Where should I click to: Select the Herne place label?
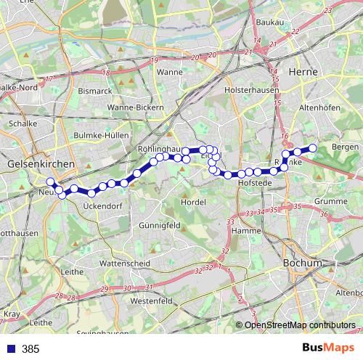pos(300,73)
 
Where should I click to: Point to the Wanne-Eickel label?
pos(169,73)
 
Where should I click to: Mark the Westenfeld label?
pos(150,300)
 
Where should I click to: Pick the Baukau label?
pos(269,23)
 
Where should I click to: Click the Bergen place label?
pos(344,147)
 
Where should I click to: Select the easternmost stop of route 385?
pos(314,148)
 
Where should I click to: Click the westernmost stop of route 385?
pos(50,182)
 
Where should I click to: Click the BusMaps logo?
pos(333,348)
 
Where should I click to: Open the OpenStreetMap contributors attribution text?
pos(300,325)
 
